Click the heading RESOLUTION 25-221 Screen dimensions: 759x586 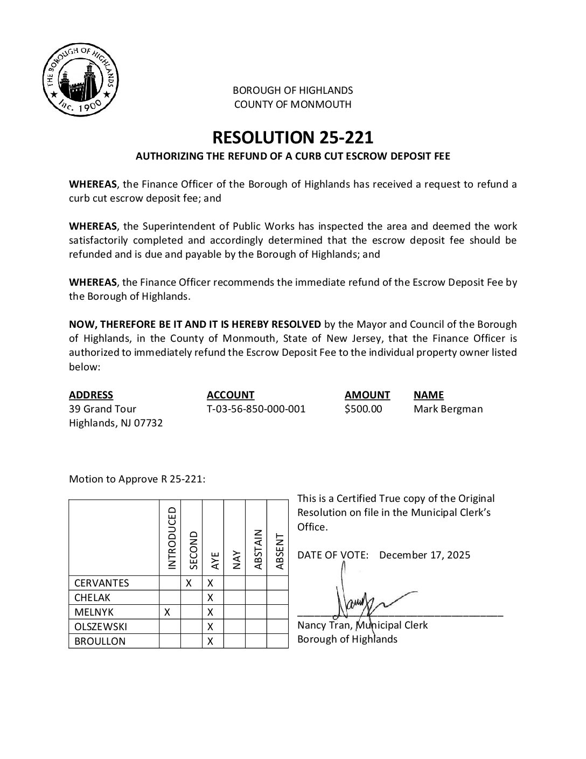pyautogui.click(x=292, y=137)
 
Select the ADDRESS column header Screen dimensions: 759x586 pyautogui.click(x=91, y=395)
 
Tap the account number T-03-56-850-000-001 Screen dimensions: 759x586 pyautogui.click(x=256, y=409)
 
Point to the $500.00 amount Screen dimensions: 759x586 pyautogui.click(x=364, y=409)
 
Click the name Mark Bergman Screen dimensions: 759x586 pyautogui.click(x=448, y=409)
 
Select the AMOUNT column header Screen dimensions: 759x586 pyautogui.click(x=367, y=395)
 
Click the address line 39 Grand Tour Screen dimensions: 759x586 pyautogui.click(x=102, y=409)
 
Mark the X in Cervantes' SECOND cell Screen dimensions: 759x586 pyautogui.click(x=189, y=583)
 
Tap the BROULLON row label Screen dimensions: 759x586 pyautogui.click(x=97, y=641)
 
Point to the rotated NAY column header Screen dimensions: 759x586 pyautogui.click(x=236, y=560)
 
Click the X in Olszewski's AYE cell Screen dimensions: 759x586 pyautogui.click(x=211, y=626)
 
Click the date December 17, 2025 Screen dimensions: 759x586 pyautogui.click(x=424, y=555)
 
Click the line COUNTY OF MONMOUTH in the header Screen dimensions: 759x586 pyautogui.click(x=292, y=104)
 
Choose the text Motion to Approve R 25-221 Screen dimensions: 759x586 pyautogui.click(x=137, y=479)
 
